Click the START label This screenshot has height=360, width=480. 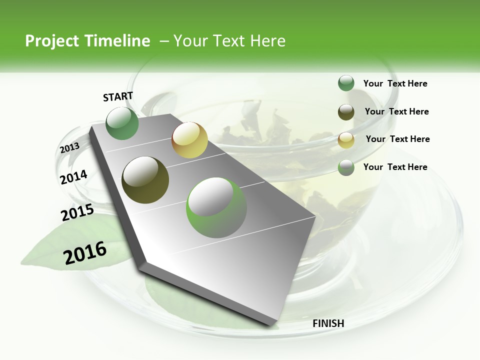(118, 96)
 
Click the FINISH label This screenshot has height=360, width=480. (328, 323)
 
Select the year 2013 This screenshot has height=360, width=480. (69, 147)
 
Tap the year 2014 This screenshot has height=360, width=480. (73, 177)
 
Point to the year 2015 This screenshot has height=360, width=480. (77, 212)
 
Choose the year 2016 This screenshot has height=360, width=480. (85, 253)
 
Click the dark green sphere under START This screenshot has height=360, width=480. (122, 123)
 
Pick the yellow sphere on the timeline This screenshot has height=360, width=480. (189, 140)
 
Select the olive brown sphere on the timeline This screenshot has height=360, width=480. (145, 180)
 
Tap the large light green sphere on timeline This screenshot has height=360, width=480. (216, 207)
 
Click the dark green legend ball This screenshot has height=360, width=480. (346, 83)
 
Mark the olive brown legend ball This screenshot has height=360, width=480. (346, 111)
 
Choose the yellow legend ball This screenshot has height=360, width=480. (346, 139)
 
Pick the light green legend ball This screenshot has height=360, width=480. (346, 167)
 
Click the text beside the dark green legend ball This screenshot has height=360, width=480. (395, 83)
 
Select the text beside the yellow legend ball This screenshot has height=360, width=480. (397, 139)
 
